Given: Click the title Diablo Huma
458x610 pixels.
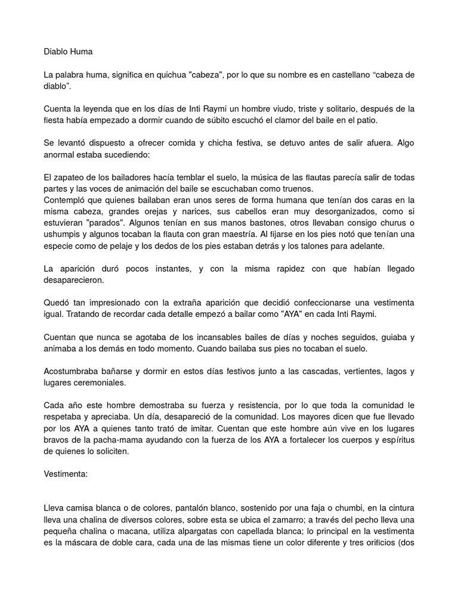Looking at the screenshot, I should pyautogui.click(x=68, y=51).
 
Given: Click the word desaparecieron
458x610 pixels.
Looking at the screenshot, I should pyautogui.click(x=74, y=280).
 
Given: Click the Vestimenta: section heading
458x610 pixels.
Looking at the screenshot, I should pyautogui.click(x=68, y=475).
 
